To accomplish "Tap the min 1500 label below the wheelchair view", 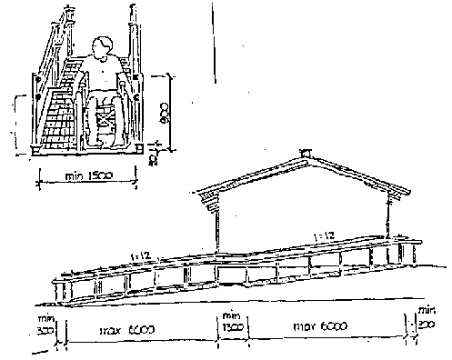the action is click(84, 176).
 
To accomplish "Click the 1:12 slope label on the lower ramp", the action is click(142, 258).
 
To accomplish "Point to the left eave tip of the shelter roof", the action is click(198, 194).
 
